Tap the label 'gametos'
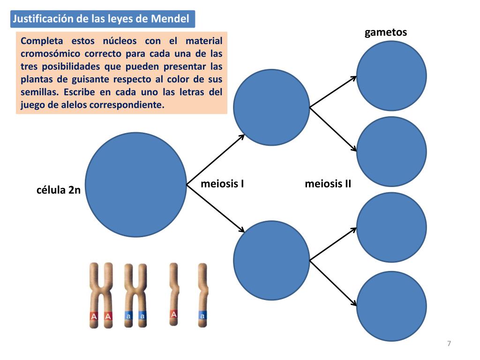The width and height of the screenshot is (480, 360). [386, 32]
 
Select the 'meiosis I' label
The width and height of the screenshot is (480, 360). [222, 183]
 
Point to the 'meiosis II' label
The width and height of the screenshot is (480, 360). [328, 183]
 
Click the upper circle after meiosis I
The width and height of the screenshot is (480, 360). [271, 107]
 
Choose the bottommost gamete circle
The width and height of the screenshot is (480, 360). [391, 307]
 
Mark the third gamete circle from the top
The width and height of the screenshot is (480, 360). [391, 227]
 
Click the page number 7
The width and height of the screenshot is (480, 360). [449, 344]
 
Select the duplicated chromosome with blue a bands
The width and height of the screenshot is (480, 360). [135, 295]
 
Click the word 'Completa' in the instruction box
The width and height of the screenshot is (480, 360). [42, 41]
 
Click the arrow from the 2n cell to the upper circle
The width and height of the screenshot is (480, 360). [216, 159]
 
